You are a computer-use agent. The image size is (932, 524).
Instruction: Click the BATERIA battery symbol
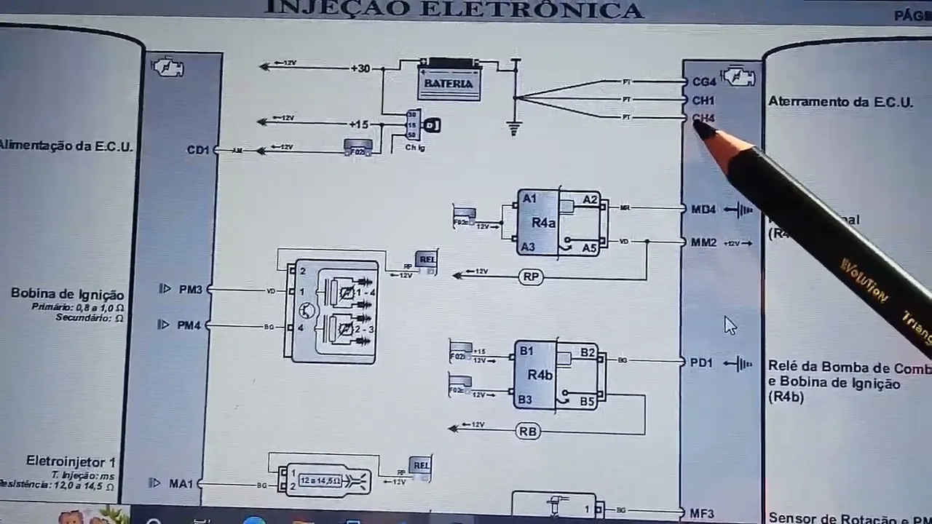(449, 80)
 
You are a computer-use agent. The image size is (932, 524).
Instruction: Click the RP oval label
(531, 277)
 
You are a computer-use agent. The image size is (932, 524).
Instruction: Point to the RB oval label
(528, 432)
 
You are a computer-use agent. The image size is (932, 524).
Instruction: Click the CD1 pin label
(197, 150)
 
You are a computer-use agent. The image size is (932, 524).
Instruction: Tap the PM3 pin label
(189, 290)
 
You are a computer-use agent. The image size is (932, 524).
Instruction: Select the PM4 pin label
(188, 325)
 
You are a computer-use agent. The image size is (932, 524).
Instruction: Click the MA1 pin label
(181, 483)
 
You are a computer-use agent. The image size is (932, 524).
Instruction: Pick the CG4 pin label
(704, 82)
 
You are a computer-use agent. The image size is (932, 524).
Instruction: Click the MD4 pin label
(703, 210)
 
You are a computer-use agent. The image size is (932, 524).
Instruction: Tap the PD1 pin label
(701, 362)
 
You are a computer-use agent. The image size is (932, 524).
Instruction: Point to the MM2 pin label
(704, 242)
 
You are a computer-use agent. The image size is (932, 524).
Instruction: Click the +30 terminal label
(360, 68)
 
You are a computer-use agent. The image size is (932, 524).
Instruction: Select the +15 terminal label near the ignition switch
(358, 124)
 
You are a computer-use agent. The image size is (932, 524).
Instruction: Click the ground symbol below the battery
(515, 129)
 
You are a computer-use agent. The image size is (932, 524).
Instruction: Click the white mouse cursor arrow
(730, 325)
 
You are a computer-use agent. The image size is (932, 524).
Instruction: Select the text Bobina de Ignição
(68, 294)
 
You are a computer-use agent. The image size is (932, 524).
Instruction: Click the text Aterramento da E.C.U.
(840, 102)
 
